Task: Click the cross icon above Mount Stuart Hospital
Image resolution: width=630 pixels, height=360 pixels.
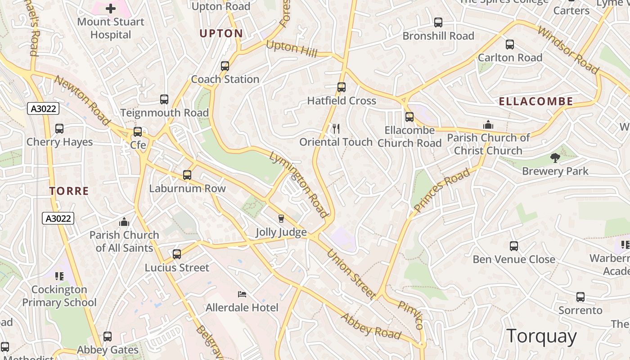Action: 111,8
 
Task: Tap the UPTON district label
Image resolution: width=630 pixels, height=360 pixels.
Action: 221,33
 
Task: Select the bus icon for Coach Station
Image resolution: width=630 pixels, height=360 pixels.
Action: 225,66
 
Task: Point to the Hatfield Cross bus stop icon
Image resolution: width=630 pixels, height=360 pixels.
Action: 342,87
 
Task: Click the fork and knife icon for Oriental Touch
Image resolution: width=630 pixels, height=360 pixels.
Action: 336,129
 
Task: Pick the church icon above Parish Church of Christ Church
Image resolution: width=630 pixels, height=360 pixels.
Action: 488,125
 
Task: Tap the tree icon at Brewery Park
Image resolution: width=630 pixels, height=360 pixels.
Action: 555,158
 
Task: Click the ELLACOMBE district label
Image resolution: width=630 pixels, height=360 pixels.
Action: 536,101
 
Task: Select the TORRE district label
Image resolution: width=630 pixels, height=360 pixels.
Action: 69,191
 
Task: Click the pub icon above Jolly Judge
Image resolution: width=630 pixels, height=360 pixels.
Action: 281,219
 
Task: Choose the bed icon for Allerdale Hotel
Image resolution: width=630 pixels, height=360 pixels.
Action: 242,294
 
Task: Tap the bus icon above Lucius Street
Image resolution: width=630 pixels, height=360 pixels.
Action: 177,254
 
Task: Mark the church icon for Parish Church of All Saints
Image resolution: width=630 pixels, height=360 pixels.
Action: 124,222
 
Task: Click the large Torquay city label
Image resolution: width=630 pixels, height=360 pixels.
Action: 541,336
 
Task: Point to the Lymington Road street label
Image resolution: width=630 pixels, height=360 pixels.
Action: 298,184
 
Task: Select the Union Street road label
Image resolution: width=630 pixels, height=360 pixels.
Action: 351,274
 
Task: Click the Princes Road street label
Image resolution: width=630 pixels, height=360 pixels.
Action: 442,190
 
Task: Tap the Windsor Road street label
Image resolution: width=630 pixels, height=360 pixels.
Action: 568,50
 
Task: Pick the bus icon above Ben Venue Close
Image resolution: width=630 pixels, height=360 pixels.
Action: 514,246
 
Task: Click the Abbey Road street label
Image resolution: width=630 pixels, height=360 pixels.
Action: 371,326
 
